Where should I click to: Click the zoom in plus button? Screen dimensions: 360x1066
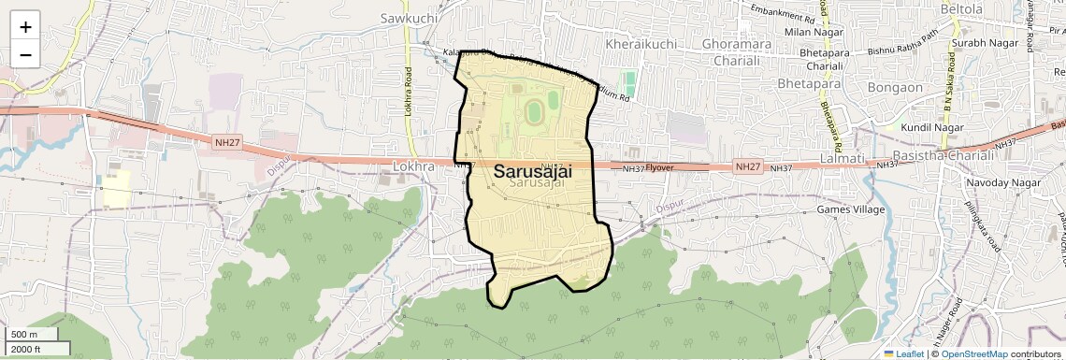click(x=25, y=26)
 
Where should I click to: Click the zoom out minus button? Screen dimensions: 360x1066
click(x=25, y=54)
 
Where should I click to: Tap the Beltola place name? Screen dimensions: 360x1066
click(x=988, y=9)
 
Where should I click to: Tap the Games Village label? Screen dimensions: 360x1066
click(x=850, y=209)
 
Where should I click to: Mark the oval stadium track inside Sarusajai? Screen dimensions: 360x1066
click(x=534, y=112)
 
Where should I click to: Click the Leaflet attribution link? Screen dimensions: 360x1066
click(x=905, y=353)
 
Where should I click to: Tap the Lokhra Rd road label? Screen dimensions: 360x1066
click(x=409, y=91)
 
